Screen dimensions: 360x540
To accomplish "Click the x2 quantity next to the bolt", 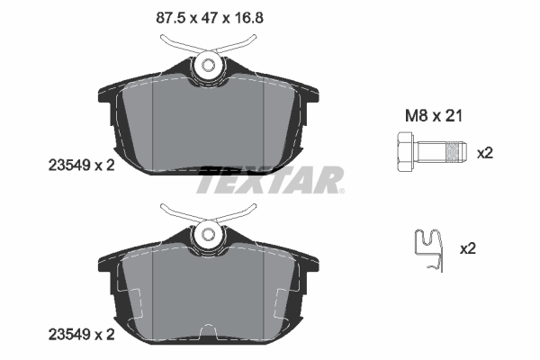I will [485, 153].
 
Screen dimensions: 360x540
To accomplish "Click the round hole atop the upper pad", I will [209, 65].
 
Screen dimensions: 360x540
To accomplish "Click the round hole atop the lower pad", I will [209, 236].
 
